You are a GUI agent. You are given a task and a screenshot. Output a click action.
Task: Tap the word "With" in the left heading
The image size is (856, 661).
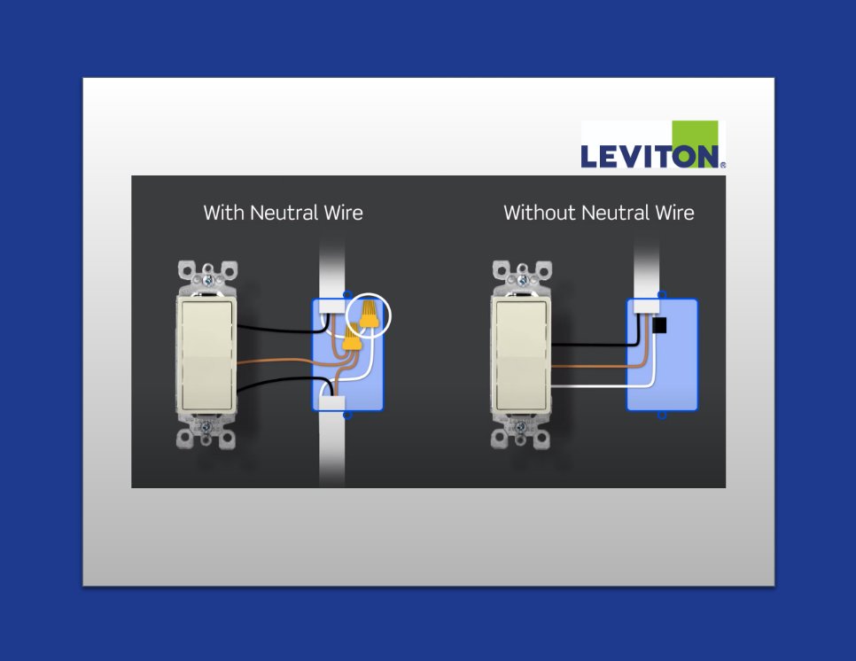click(x=224, y=213)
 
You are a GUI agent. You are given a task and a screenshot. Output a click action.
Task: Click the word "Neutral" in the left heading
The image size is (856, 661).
click(x=284, y=213)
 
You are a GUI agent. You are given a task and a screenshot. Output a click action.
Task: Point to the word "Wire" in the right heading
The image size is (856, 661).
click(x=674, y=213)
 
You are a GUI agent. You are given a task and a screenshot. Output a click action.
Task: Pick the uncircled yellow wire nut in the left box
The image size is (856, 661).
click(x=351, y=338)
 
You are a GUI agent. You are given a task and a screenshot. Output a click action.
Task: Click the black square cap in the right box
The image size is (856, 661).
click(x=659, y=325)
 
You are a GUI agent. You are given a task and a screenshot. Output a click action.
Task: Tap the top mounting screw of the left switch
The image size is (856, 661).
click(x=207, y=281)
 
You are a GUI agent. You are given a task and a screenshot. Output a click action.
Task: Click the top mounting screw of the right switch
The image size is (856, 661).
click(x=523, y=281)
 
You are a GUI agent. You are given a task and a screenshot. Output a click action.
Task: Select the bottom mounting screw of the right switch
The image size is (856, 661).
click(x=521, y=426)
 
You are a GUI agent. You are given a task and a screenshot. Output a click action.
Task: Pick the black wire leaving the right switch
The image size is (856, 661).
click(x=595, y=345)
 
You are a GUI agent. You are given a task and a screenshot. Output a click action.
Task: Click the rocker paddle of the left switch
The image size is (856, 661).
click(x=206, y=354)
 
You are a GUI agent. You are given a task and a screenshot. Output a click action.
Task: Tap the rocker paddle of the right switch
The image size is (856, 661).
click(x=521, y=354)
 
